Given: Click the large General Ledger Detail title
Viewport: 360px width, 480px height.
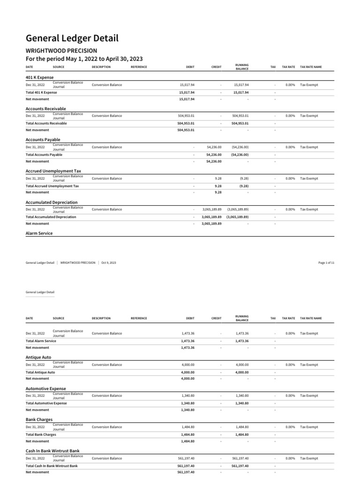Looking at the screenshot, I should pyautogui.click(x=72, y=38).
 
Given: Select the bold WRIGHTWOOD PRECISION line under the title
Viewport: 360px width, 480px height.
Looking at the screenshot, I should pyautogui.click(x=61, y=50).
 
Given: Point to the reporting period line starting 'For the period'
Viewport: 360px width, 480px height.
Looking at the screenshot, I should pyautogui.click(x=84, y=59).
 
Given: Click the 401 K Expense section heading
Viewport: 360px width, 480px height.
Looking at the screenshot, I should pyautogui.click(x=39, y=77).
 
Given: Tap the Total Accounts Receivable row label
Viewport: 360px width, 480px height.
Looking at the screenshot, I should pyautogui.click(x=46, y=123).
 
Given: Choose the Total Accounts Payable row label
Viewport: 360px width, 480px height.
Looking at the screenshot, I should pyautogui.click(x=44, y=155).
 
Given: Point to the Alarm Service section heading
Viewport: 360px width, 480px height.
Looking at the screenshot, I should pyautogui.click(x=39, y=233).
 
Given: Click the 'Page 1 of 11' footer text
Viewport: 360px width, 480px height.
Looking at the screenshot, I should pyautogui.click(x=326, y=263).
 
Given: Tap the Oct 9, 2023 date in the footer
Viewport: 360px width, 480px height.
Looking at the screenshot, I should pyautogui.click(x=109, y=263).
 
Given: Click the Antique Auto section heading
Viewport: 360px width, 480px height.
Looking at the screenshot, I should pyautogui.click(x=38, y=357).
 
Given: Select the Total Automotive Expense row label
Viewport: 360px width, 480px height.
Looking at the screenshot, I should pyautogui.click(x=46, y=403).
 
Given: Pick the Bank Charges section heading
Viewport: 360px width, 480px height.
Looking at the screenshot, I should pyautogui.click(x=39, y=420).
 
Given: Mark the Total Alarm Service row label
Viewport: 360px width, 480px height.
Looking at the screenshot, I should pyautogui.click(x=41, y=341).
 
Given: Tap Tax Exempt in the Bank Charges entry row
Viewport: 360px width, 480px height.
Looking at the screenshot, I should pyautogui.click(x=309, y=427).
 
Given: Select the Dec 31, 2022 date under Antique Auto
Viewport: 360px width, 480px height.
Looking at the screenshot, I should pyautogui.click(x=35, y=365).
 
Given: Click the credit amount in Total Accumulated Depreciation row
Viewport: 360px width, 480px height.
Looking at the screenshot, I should pyautogui.click(x=211, y=217).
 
